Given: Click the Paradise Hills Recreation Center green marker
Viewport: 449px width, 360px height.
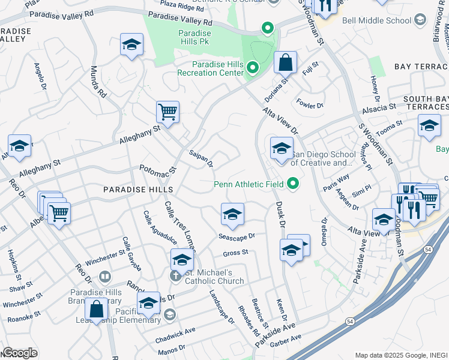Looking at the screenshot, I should pyautogui.click(x=253, y=69).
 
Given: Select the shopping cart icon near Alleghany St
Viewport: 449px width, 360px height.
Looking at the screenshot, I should pyautogui.click(x=167, y=111).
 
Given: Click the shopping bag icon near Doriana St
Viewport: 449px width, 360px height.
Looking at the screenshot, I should pyautogui.click(x=286, y=62).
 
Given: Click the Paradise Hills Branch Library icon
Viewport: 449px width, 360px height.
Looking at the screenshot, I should pyautogui.click(x=105, y=277).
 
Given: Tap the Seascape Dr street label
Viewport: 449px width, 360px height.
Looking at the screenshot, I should pyautogui.click(x=237, y=236).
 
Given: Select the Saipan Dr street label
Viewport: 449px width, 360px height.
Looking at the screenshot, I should pyautogui.click(x=201, y=158).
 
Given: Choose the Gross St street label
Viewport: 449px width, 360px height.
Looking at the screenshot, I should pyautogui.click(x=235, y=253).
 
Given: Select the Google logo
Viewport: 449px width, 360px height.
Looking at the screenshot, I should pyautogui.click(x=20, y=353).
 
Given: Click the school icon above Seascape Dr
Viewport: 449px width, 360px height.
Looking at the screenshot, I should pyautogui.click(x=232, y=213).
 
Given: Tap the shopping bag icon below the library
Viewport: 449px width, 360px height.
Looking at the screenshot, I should pyautogui.click(x=96, y=309).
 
